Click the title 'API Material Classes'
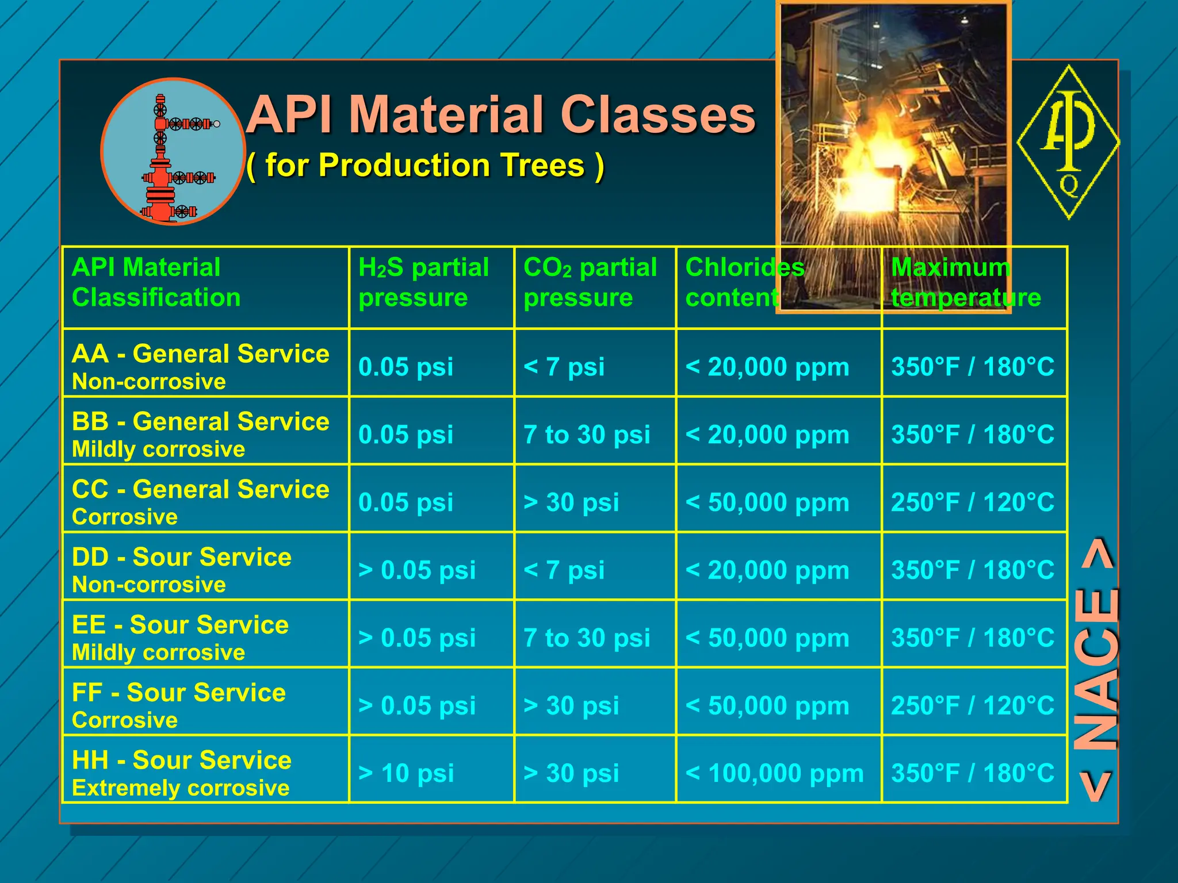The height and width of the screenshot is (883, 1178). tap(500, 115)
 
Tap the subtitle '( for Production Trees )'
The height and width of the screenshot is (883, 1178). tap(426, 166)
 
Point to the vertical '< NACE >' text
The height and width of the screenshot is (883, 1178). tap(1097, 670)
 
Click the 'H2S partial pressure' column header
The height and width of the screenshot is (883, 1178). tap(424, 282)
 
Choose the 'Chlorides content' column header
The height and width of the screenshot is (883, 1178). tap(745, 282)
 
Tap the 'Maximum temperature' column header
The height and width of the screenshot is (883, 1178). tap(966, 282)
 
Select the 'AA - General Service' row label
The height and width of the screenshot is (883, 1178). tap(200, 354)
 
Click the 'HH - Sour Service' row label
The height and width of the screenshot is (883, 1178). tap(182, 761)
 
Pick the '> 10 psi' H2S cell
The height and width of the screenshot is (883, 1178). tap(406, 773)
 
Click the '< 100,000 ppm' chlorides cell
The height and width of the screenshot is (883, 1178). tap(774, 773)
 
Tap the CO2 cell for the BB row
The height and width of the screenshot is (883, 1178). tap(587, 435)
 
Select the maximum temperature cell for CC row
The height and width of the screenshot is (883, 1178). tap(973, 502)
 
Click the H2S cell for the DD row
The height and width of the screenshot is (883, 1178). tap(417, 570)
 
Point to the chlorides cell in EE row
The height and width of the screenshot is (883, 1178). tap(767, 638)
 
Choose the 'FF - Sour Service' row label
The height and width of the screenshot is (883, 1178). tap(178, 693)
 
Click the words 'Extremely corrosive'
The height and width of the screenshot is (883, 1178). tap(181, 788)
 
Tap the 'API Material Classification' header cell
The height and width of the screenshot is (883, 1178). tap(156, 282)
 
